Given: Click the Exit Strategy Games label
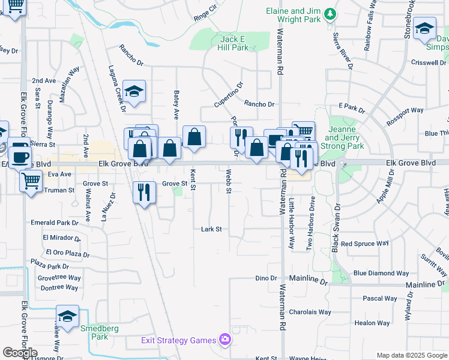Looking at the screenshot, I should click(x=178, y=341).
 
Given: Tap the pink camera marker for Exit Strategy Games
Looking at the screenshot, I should click(x=225, y=340).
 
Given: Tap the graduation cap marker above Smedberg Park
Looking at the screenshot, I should click(x=67, y=316).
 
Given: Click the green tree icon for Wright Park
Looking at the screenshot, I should click(x=329, y=13).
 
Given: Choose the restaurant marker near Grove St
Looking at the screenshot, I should click(x=143, y=192).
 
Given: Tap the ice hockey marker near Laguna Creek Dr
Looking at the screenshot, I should click(x=134, y=91).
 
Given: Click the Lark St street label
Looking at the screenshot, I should click(x=211, y=229).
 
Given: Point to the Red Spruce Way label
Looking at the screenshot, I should click(x=364, y=244).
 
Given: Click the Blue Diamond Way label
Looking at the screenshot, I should click(x=381, y=273).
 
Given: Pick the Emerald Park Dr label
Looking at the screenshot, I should click(x=61, y=223).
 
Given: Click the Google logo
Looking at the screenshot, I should click(x=20, y=353).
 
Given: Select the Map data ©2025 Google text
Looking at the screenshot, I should click(x=411, y=355).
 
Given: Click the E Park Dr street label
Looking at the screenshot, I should click(x=352, y=107).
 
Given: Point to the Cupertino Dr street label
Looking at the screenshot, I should click(x=228, y=94).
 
